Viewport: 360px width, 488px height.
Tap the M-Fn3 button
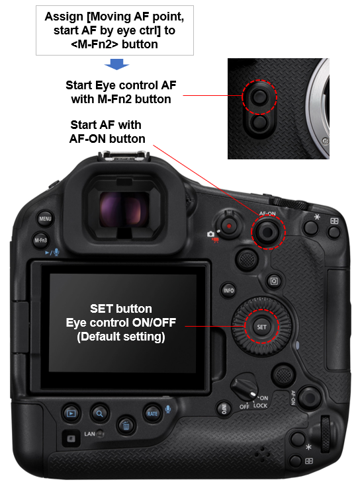tap(40, 240)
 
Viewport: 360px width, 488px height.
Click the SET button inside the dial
tap(261, 327)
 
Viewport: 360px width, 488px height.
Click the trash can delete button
tap(126, 425)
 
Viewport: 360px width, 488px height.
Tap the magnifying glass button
tap(99, 414)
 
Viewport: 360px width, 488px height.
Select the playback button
tap(71, 414)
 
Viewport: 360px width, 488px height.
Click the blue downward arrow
tap(116, 64)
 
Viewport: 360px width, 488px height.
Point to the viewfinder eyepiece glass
tap(124, 210)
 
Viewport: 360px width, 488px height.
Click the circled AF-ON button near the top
tap(267, 232)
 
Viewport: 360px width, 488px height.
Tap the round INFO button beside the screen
tap(228, 290)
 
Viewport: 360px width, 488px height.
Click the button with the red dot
tap(228, 226)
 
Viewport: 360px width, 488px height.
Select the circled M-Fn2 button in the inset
tap(259, 97)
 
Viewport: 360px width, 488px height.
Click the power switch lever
tap(245, 389)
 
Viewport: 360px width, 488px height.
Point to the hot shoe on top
tap(124, 155)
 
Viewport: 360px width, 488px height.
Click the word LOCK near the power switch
tap(260, 405)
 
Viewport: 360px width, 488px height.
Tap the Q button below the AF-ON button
tap(274, 281)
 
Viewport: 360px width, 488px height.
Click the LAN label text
tap(90, 434)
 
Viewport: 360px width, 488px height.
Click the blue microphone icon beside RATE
tap(168, 409)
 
